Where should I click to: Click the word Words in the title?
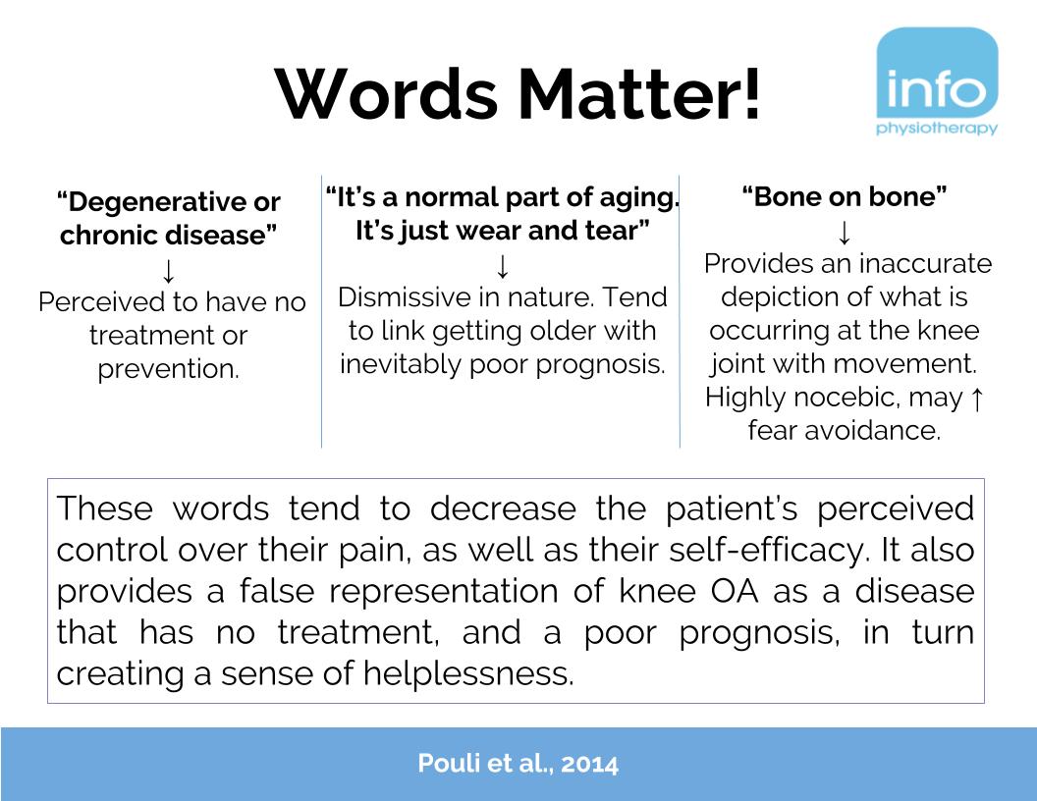387,94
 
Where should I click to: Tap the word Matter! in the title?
641,94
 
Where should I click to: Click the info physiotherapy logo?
936,82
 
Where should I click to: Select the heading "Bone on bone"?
844,196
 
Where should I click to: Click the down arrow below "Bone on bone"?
844,233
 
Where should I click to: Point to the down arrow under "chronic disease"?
169,270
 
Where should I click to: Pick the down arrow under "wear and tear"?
502,265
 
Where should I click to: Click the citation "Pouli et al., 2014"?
518,764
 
